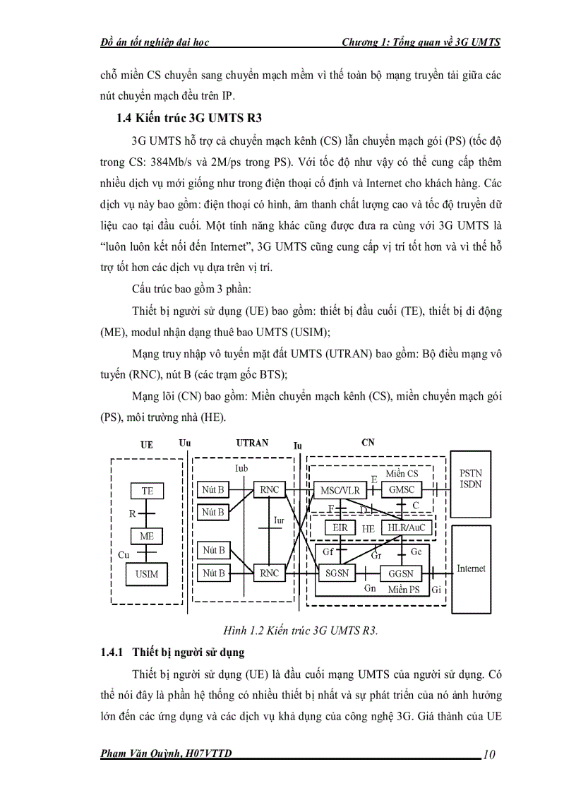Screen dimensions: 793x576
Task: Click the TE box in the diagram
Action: [147, 491]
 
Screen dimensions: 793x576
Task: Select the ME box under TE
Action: [147, 537]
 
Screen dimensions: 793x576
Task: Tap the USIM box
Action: [147, 574]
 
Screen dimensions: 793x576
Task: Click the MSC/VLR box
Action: [340, 490]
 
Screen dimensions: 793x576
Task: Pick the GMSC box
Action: [402, 490]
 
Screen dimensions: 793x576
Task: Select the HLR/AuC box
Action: [402, 527]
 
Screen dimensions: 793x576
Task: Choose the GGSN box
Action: [400, 573]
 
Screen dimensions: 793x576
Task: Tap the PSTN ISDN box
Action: [470, 479]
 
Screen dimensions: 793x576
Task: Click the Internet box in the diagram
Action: [471, 568]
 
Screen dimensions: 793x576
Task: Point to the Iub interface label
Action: [240, 468]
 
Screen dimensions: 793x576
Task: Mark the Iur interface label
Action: [280, 521]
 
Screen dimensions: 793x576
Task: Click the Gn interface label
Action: [370, 588]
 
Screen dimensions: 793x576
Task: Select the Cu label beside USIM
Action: [124, 555]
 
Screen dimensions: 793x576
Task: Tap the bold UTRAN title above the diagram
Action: [251, 443]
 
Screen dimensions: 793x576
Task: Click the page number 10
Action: [489, 755]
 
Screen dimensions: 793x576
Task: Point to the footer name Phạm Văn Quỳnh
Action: [167, 754]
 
